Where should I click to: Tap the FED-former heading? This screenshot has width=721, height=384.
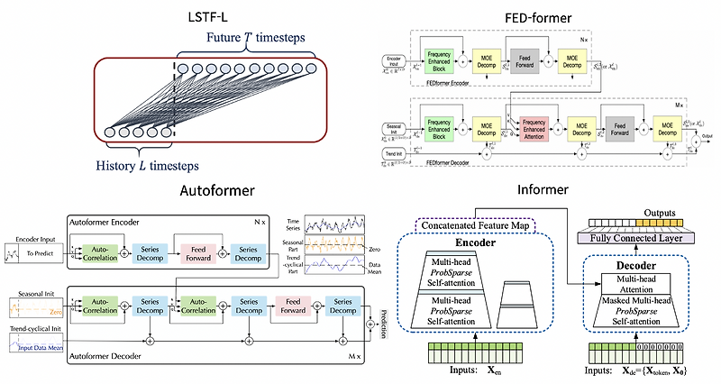click(x=531, y=20)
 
